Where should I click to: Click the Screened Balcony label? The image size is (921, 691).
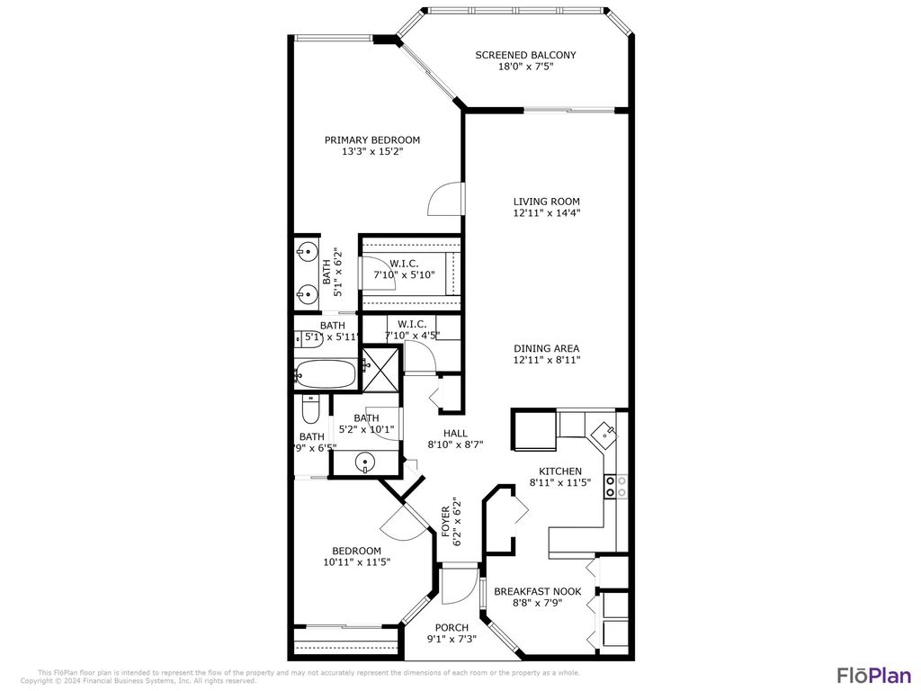pyautogui.click(x=525, y=55)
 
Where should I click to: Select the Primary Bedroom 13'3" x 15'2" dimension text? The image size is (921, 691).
pyautogui.click(x=372, y=152)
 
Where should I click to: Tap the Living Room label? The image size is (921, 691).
pyautogui.click(x=546, y=202)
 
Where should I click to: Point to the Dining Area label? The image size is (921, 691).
pyautogui.click(x=546, y=348)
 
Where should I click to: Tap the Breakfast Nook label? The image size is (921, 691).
pyautogui.click(x=537, y=591)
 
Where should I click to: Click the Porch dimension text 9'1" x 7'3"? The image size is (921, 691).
pyautogui.click(x=452, y=640)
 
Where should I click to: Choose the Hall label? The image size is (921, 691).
pyautogui.click(x=455, y=433)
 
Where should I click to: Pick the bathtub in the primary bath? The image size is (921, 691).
pyautogui.click(x=326, y=373)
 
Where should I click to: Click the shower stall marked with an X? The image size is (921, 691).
pyautogui.click(x=380, y=370)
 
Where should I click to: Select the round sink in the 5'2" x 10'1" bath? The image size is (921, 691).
pyautogui.click(x=364, y=463)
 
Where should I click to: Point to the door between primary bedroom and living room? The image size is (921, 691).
pyautogui.click(x=445, y=199)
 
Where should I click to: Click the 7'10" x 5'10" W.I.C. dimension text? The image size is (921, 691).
pyautogui.click(x=404, y=274)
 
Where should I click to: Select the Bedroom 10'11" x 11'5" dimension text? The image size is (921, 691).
pyautogui.click(x=356, y=562)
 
